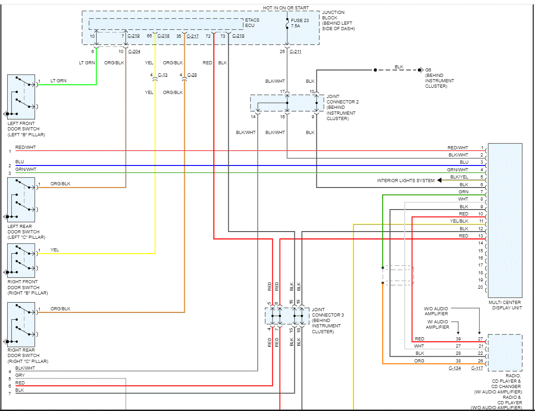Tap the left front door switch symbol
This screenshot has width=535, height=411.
click(x=21, y=97)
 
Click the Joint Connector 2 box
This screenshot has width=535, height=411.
click(x=287, y=103)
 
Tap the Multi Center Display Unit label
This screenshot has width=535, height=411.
click(x=505, y=305)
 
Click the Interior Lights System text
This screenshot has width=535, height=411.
click(x=406, y=181)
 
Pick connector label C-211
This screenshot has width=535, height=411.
click(x=295, y=52)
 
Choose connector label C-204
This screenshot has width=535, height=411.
click(x=134, y=52)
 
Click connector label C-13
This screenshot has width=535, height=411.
click(x=162, y=75)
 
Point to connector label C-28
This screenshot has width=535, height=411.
click(x=192, y=75)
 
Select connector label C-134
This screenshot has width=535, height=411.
click(x=455, y=368)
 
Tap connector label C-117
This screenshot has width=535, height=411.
click(x=477, y=368)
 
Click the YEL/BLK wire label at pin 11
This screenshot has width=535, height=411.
click(x=459, y=221)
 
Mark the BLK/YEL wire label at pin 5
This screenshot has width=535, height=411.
click(x=459, y=177)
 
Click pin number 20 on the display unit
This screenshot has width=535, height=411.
click(x=481, y=287)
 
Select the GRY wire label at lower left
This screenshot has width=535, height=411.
click(x=20, y=375)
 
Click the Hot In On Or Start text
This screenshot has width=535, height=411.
click(x=286, y=8)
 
